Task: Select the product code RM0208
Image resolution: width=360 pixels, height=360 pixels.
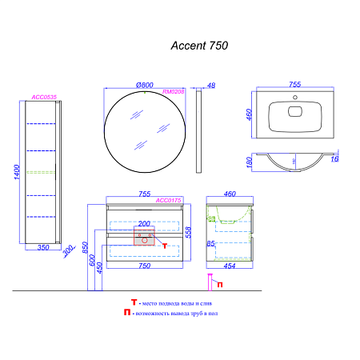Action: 174,93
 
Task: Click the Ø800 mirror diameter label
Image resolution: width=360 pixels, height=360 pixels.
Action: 145,85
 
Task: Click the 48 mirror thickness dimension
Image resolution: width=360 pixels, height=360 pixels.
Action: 211,86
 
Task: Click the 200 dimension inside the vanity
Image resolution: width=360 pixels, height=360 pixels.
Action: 144,225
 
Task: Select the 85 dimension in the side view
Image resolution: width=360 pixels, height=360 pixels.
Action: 210,242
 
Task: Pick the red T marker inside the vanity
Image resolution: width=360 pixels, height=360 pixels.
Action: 164,246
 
